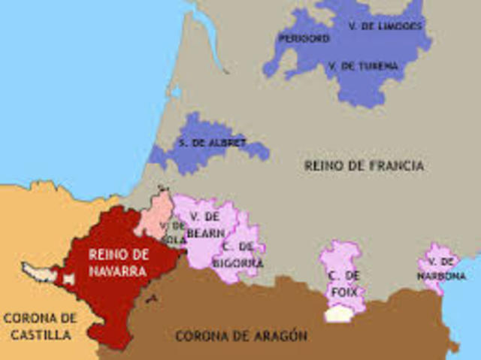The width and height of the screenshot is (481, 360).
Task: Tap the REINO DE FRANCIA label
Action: point(365,165)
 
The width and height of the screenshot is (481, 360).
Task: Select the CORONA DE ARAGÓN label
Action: point(241,336)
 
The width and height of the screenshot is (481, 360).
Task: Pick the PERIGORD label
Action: point(304,38)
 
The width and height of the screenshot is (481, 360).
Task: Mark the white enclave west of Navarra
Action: point(38,270)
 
